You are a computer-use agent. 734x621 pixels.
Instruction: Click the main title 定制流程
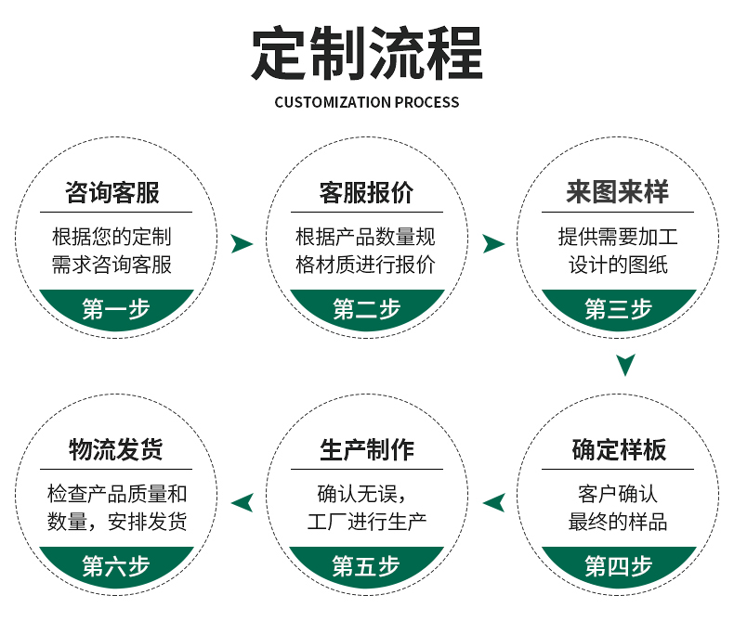(367, 54)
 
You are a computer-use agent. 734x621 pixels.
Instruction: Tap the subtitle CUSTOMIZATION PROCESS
(367, 102)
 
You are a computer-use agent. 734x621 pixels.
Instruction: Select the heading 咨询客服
(112, 193)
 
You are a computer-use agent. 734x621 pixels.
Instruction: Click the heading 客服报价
(366, 193)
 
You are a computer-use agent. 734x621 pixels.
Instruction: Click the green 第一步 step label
(116, 309)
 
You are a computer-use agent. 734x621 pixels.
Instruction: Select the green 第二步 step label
(366, 309)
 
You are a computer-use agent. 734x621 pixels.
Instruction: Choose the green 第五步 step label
(366, 565)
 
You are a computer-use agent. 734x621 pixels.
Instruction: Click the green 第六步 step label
(116, 565)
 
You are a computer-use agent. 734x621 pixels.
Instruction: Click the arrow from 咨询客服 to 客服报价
(242, 244)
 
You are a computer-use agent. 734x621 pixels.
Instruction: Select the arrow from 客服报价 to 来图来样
(493, 244)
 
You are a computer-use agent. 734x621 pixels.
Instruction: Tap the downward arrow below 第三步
(626, 364)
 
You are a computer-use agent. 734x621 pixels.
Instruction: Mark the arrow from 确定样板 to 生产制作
(493, 502)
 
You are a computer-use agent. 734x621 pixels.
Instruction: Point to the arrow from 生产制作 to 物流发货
(242, 502)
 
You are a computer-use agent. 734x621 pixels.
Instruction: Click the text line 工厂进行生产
(366, 521)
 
